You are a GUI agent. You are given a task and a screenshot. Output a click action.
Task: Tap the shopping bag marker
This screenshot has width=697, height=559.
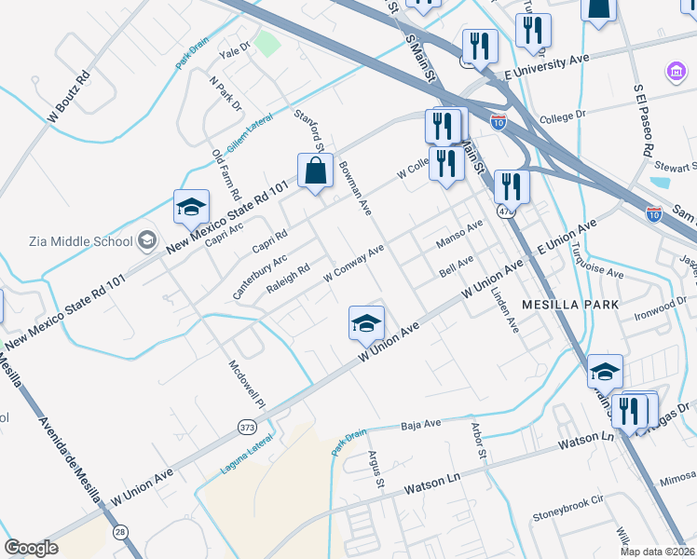(315, 171)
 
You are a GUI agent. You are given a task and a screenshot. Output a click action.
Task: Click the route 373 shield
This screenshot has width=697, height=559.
(247, 426)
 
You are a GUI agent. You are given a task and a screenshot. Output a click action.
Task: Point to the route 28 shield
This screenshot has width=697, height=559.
(121, 531)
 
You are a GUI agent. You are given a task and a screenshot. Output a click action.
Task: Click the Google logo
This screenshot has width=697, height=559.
(31, 548)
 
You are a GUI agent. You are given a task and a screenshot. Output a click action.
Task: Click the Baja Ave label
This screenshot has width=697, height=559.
(420, 426)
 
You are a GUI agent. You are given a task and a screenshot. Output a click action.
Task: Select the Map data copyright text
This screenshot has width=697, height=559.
(658, 551)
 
